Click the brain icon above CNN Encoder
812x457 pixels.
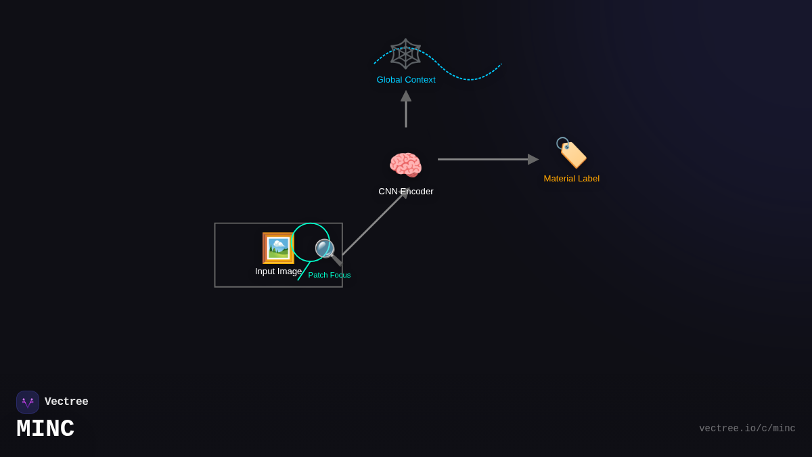point(405,166)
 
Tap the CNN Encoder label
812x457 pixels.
point(405,192)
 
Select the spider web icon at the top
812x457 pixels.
point(405,53)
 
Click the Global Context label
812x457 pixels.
point(406,80)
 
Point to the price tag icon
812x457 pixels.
point(572,153)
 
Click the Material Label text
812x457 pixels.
point(572,179)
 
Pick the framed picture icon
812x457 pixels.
point(278,248)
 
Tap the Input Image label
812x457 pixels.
point(278,271)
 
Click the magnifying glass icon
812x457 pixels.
point(328,251)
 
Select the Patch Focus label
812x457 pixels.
point(330,275)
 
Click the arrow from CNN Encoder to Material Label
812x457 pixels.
point(484,159)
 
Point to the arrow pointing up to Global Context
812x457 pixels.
point(406,112)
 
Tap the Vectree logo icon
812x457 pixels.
point(28,402)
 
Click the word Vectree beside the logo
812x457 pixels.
point(66,402)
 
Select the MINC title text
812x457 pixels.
point(45,429)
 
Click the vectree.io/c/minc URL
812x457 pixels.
point(747,429)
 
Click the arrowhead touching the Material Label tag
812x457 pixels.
point(533,159)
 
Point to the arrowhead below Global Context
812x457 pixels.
point(406,96)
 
